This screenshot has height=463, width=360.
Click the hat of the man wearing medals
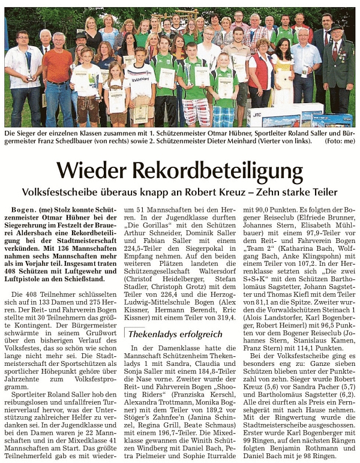(x=335, y=28)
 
